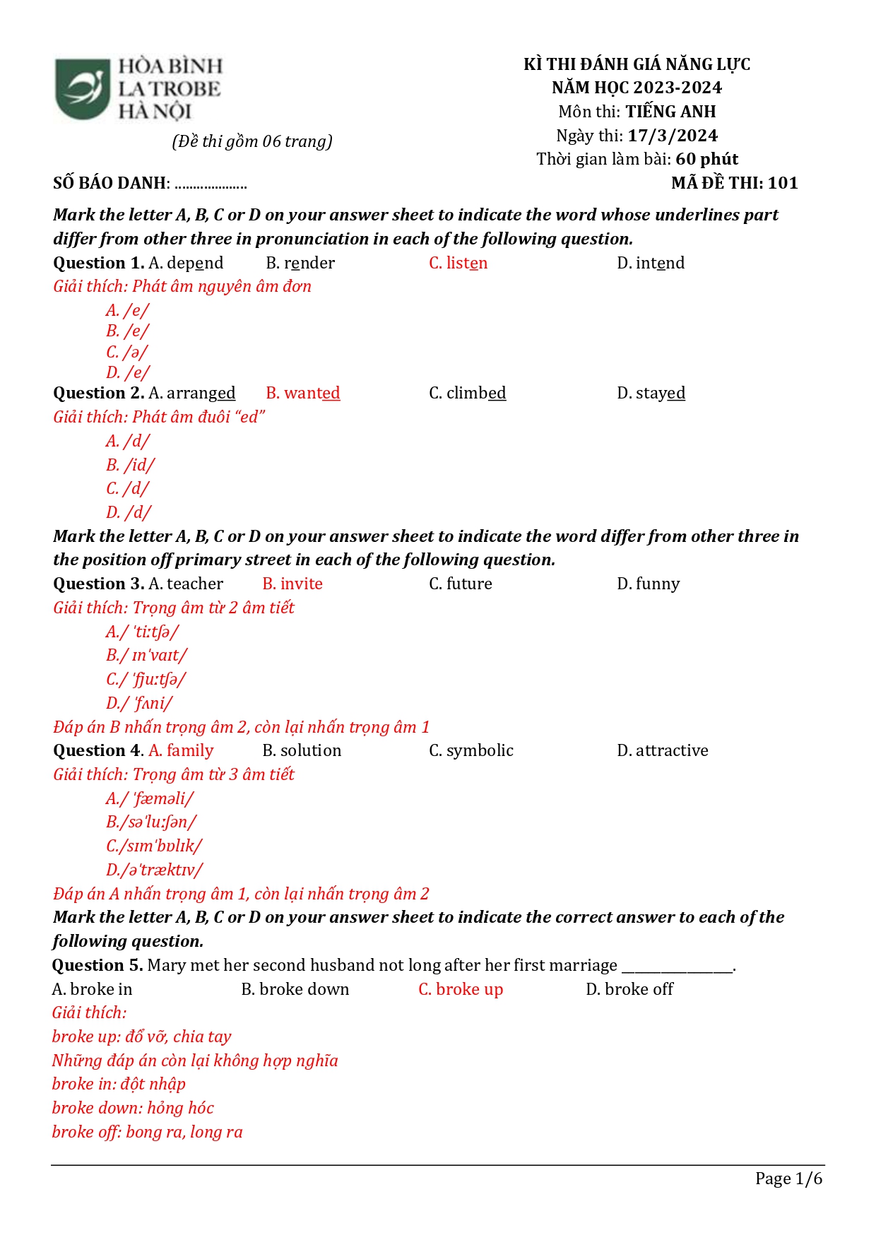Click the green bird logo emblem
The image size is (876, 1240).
(83, 89)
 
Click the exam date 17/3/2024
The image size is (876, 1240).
(673, 136)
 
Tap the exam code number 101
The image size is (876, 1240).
(783, 183)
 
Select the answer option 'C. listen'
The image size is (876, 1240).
(458, 263)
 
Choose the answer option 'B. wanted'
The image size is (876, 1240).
(302, 393)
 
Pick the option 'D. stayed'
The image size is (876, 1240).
(651, 393)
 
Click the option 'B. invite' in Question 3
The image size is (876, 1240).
(292, 584)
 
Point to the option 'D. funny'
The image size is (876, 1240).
(648, 584)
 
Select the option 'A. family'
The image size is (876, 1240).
(181, 750)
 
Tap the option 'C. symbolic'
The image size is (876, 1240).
(470, 750)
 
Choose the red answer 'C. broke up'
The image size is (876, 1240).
(461, 989)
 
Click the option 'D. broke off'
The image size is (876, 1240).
(629, 989)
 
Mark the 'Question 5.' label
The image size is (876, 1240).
(97, 965)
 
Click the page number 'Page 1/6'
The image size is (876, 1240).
(788, 1179)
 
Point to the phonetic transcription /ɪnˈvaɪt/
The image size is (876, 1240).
(147, 656)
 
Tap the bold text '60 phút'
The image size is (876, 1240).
(706, 159)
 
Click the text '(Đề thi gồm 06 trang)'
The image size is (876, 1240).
(252, 141)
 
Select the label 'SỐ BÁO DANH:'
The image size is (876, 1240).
(112, 183)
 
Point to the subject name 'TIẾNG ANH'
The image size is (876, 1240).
(670, 112)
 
